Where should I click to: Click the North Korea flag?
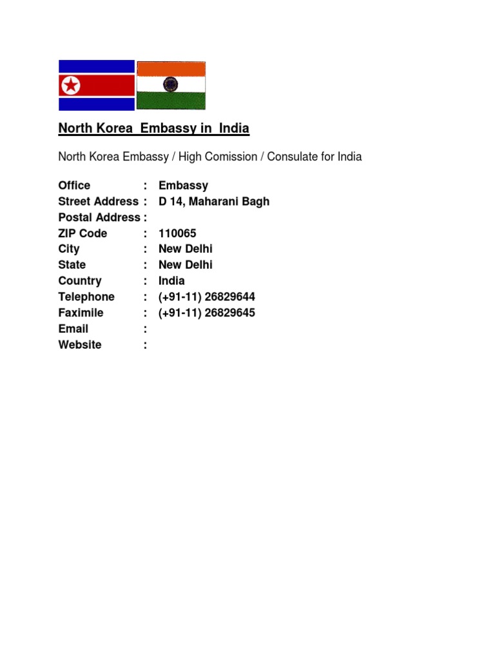point(97,85)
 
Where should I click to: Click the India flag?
point(171,85)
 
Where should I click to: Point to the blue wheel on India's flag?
point(171,84)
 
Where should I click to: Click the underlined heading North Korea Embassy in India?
point(153,128)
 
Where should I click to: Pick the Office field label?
point(74,186)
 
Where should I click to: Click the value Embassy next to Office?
point(183,186)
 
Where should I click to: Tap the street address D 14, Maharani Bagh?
point(214,202)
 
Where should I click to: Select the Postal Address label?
point(99,217)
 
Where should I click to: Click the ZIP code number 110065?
point(177,233)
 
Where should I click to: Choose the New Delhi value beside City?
point(186,249)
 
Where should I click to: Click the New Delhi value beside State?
point(186,265)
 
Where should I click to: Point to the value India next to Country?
point(171,281)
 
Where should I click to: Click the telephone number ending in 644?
point(207,297)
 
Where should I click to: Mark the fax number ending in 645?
point(207,313)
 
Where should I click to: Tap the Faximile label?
point(81,313)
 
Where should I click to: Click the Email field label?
point(73,329)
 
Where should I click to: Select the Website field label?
point(79,345)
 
